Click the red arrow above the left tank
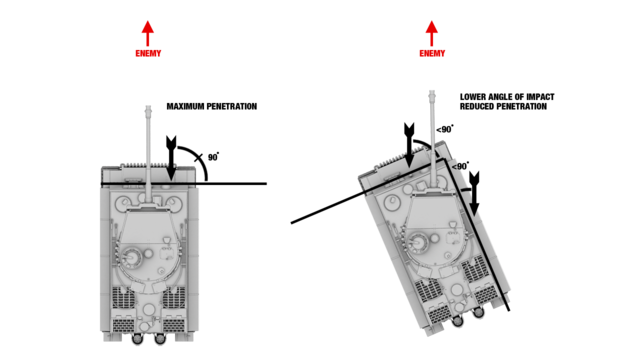pyautogui.click(x=148, y=33)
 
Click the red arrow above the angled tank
pyautogui.click(x=432, y=33)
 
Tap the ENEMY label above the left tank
pyautogui.click(x=148, y=53)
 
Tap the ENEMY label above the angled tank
pyautogui.click(x=432, y=53)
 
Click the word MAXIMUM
pyautogui.click(x=185, y=107)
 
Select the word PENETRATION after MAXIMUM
pyautogui.click(x=231, y=107)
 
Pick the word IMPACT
pyautogui.click(x=540, y=97)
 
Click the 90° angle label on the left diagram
pyautogui.click(x=213, y=157)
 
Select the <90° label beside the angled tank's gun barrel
pyautogui.click(x=445, y=129)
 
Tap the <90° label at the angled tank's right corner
pyautogui.click(x=460, y=166)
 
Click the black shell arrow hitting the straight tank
pyautogui.click(x=171, y=158)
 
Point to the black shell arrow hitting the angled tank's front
pyautogui.click(x=409, y=145)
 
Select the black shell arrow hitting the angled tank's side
pyautogui.click(x=474, y=193)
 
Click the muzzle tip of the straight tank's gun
pyautogui.click(x=148, y=108)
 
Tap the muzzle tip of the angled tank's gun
pyautogui.click(x=432, y=93)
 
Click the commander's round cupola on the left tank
pyautogui.click(x=132, y=258)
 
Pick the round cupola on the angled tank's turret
pyautogui.click(x=418, y=241)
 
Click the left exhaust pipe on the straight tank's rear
pyautogui.click(x=138, y=339)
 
